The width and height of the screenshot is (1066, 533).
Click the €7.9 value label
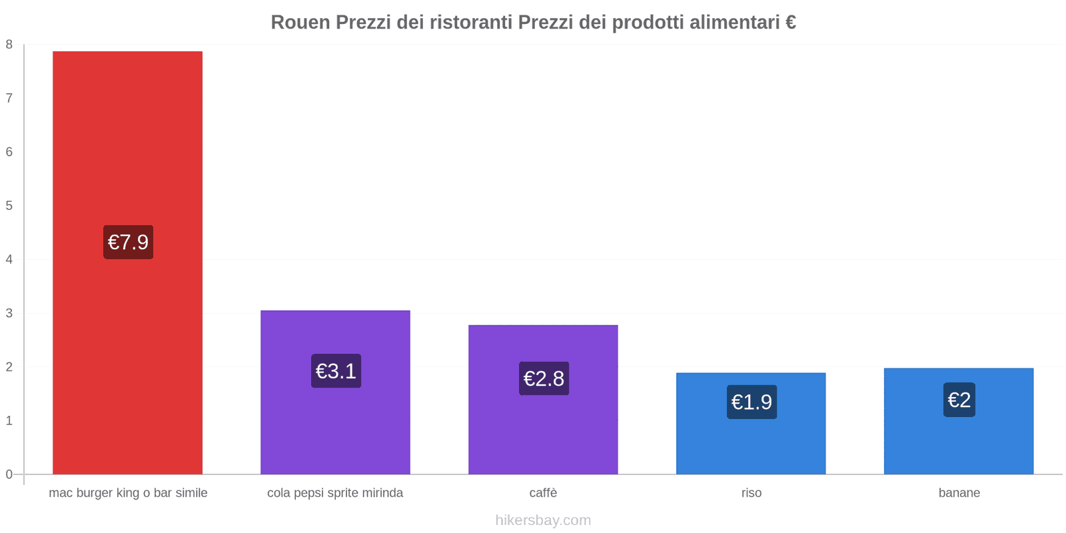pyautogui.click(x=128, y=242)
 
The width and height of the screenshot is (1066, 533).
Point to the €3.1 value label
pyautogui.click(x=336, y=371)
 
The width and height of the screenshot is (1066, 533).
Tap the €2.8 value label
pyautogui.click(x=544, y=378)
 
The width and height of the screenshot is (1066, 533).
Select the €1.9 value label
pyautogui.click(x=752, y=402)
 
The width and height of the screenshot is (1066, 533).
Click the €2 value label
pyautogui.click(x=959, y=400)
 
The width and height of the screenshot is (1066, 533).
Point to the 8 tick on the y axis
pyautogui.click(x=9, y=45)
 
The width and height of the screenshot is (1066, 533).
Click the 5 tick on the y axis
pyautogui.click(x=9, y=206)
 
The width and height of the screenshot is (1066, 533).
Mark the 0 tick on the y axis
pyautogui.click(x=9, y=474)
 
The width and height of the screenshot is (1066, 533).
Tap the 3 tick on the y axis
pyautogui.click(x=9, y=313)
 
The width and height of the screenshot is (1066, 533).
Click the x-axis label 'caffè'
pyautogui.click(x=543, y=493)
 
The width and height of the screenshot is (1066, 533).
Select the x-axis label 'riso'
pyautogui.click(x=751, y=493)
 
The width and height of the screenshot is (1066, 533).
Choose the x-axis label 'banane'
pyautogui.click(x=959, y=493)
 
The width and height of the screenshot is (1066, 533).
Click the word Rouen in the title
pyautogui.click(x=300, y=23)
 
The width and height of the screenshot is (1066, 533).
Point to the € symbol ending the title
pyautogui.click(x=790, y=23)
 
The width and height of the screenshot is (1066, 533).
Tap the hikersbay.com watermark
pyautogui.click(x=543, y=520)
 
